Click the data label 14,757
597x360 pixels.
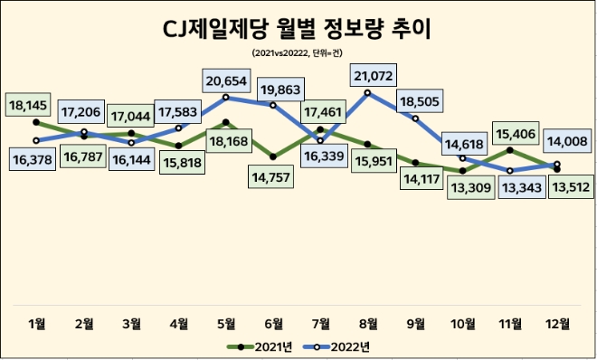click(x=272, y=174)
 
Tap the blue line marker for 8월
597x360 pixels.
click(x=369, y=92)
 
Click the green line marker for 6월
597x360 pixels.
click(x=273, y=156)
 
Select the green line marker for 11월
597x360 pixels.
click(x=510, y=150)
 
